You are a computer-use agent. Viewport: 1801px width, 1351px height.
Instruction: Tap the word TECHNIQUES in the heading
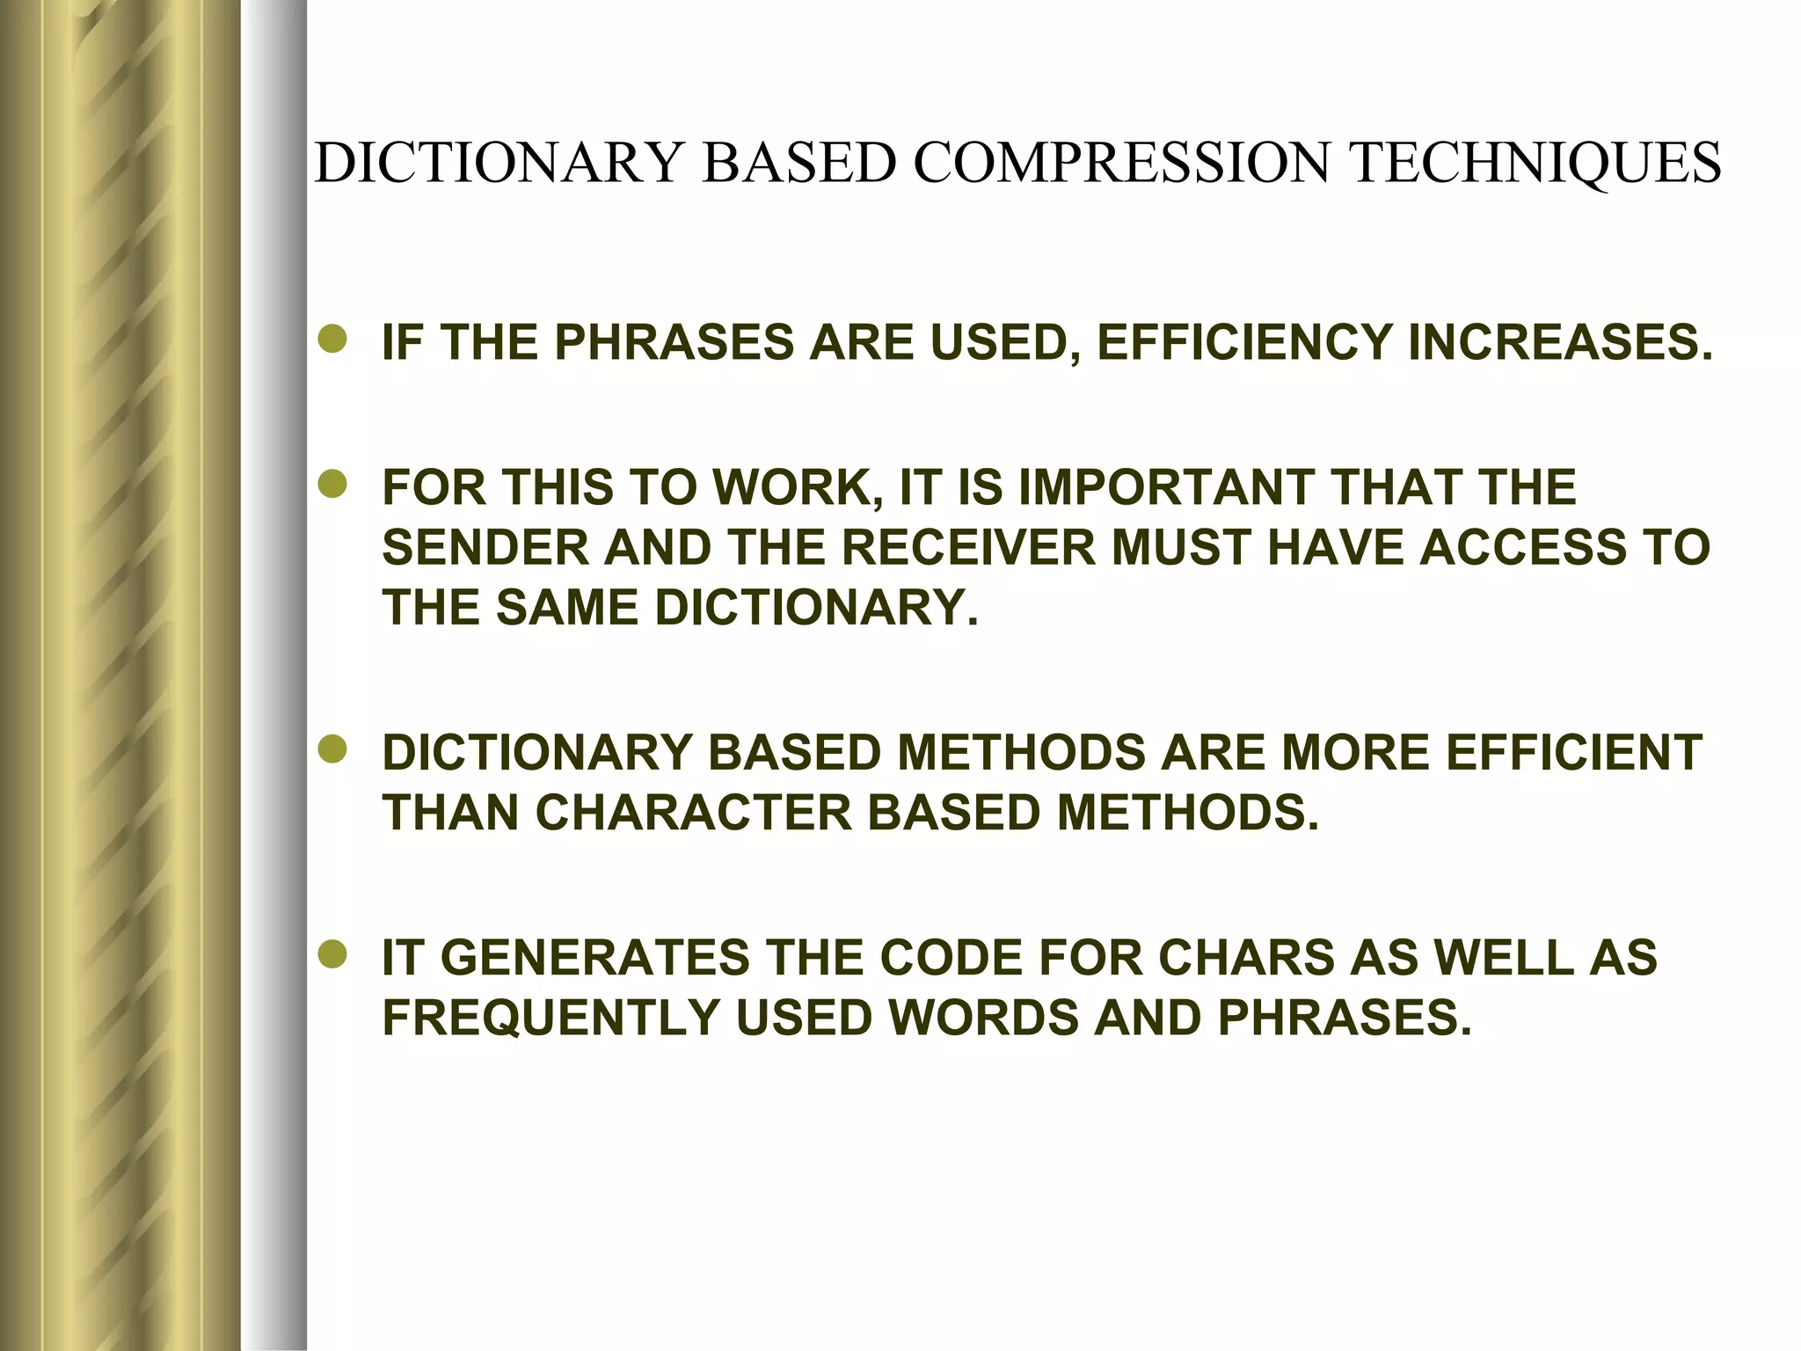(x=1535, y=164)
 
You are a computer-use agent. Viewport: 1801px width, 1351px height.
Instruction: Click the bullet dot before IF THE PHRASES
(x=333, y=340)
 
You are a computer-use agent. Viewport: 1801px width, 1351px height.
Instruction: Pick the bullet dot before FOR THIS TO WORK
(x=333, y=486)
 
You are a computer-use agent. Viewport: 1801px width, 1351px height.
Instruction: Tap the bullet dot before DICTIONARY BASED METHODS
(x=333, y=751)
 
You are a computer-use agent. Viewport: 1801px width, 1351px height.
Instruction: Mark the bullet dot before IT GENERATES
(x=333, y=955)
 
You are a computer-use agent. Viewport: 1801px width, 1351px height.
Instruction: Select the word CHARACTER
(x=694, y=813)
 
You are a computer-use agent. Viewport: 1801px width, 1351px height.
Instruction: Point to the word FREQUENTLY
(x=551, y=1018)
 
